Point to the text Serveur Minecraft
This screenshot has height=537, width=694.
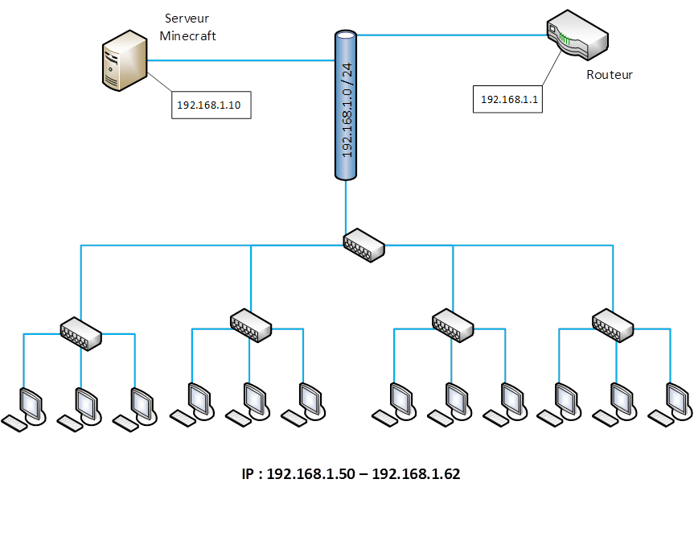point(188,27)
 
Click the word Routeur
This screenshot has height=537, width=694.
point(609,75)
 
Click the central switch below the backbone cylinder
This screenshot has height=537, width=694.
point(363,244)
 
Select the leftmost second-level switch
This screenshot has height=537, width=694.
point(80,331)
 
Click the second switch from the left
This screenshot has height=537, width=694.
point(251,324)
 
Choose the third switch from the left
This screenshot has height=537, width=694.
point(453,324)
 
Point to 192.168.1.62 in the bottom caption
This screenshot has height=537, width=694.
point(416,474)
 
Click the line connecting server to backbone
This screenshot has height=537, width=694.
point(241,60)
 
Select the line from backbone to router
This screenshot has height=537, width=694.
point(450,35)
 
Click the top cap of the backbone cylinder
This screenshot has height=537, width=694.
point(346,35)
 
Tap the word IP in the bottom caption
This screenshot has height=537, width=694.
point(248,474)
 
